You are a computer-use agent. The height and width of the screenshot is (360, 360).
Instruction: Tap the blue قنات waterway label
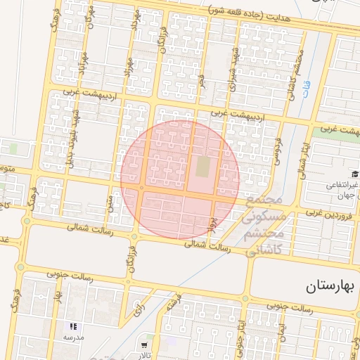(x=307, y=87)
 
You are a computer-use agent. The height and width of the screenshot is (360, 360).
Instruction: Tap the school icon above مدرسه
(x=74, y=327)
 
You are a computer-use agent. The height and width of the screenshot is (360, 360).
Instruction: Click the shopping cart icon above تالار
(x=145, y=345)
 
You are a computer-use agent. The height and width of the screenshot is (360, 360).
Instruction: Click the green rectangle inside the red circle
(x=203, y=167)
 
